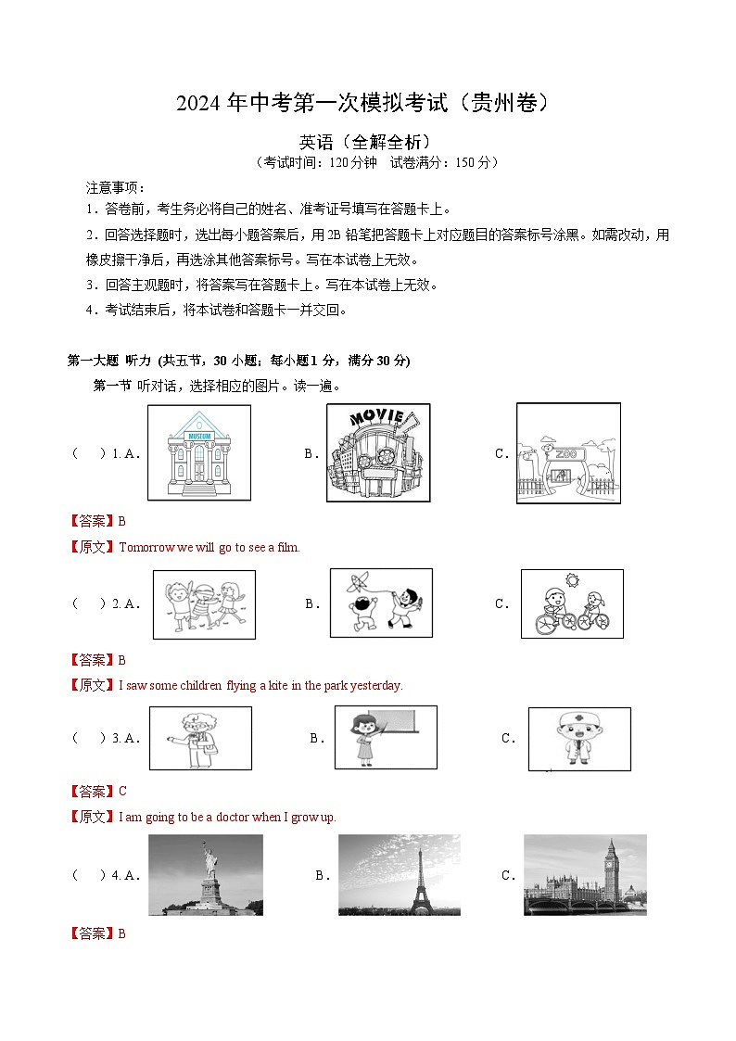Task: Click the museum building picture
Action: (x=199, y=452)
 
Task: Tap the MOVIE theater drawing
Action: (x=378, y=452)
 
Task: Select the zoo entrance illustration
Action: (x=569, y=452)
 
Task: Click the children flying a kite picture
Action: (x=382, y=603)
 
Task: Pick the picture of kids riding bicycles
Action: (x=572, y=603)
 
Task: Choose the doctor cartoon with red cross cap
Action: (x=579, y=739)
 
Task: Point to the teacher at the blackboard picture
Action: (x=386, y=737)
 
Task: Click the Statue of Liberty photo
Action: (x=206, y=875)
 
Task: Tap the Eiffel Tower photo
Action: (x=400, y=875)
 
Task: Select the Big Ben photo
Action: (x=585, y=875)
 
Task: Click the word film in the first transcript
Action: (x=288, y=547)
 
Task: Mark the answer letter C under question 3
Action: (x=122, y=791)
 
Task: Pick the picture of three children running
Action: (x=205, y=604)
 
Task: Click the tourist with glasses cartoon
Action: (x=200, y=738)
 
